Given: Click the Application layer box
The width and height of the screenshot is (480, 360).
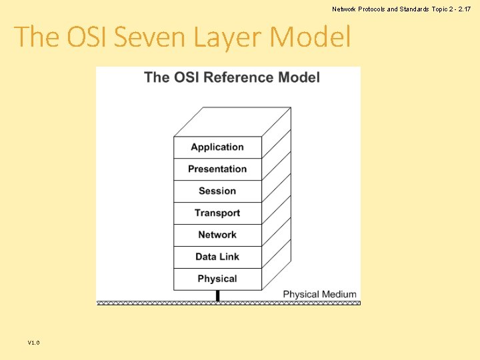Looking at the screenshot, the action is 217,147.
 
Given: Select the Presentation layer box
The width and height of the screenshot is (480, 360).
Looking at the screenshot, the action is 217,169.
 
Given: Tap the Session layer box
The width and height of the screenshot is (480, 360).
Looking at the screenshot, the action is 217,191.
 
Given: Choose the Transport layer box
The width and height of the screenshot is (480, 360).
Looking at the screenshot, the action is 217,213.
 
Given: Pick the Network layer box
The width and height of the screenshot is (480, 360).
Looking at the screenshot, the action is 217,235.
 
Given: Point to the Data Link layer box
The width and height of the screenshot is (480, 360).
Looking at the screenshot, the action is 217,257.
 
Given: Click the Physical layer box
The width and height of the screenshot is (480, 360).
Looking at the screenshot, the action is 217,279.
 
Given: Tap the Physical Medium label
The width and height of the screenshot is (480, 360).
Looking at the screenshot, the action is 319,294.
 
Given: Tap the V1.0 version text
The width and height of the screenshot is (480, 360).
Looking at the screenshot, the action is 34,343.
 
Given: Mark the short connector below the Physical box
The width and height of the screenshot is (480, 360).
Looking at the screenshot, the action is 217,295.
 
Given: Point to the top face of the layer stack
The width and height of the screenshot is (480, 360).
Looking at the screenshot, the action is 232,122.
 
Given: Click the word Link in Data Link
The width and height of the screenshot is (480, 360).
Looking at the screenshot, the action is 229,257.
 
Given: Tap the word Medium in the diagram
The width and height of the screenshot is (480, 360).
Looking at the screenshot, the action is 340,294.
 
